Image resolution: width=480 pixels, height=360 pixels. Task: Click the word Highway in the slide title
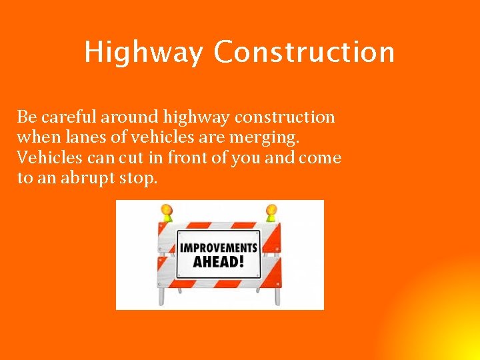pos(143,53)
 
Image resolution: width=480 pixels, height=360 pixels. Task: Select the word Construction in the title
pos(304,51)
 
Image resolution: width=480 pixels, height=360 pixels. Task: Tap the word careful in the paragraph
pos(69,117)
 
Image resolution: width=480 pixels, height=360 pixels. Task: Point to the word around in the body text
pos(126,117)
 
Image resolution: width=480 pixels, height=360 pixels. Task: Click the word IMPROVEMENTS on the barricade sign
pos(219,247)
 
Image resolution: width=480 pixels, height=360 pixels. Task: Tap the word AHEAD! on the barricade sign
pos(218,261)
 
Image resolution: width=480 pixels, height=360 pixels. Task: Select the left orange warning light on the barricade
pos(166,212)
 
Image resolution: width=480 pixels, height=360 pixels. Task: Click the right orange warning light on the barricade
pos(271,212)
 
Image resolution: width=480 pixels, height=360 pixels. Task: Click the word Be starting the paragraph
pos(26,117)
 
